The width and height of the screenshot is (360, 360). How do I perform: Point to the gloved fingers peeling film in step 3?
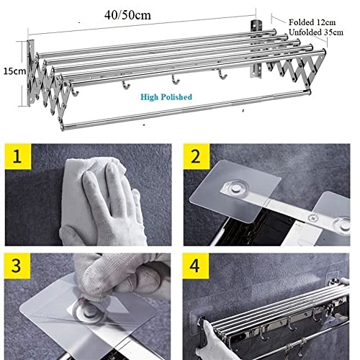pos(126,277)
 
